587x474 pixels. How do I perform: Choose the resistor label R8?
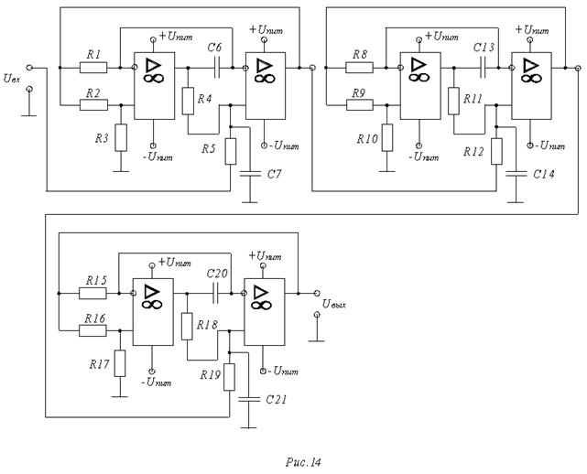(358, 55)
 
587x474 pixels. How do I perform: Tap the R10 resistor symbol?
(387, 136)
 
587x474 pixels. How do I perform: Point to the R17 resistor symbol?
(120, 361)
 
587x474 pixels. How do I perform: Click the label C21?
(277, 400)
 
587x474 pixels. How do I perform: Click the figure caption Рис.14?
(306, 462)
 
